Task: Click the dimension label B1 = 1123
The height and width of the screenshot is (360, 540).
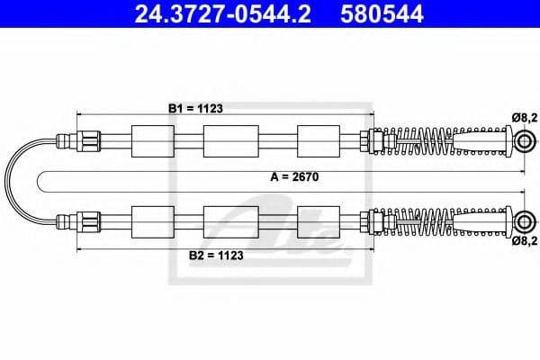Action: click(195, 108)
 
